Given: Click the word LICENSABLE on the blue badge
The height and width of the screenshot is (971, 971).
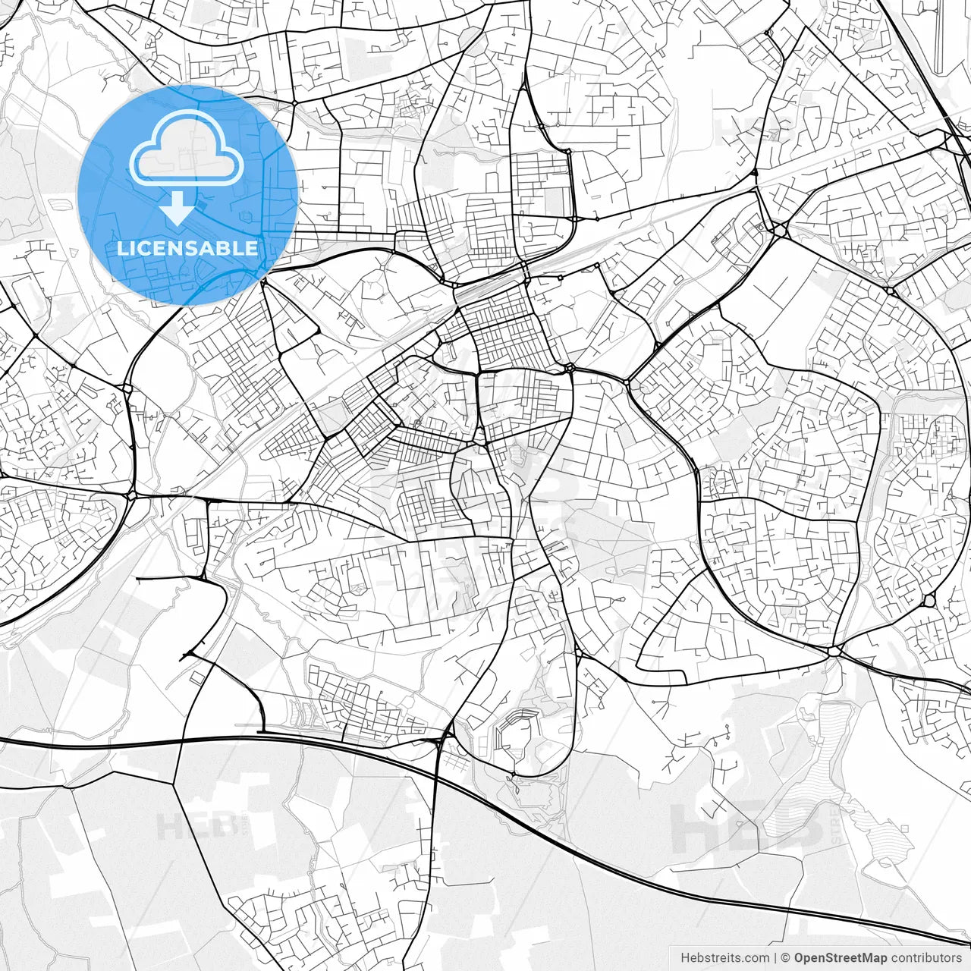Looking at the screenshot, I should tap(187, 248).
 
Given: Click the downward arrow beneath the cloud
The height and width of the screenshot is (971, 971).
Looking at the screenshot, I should tap(178, 209).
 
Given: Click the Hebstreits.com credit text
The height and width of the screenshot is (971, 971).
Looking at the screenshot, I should tap(724, 958).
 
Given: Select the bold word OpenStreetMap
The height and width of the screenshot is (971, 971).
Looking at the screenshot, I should tap(841, 958).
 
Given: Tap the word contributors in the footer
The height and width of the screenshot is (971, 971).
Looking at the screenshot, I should tap(926, 958).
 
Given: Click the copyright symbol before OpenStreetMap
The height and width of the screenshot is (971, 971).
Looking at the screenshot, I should tap(786, 958).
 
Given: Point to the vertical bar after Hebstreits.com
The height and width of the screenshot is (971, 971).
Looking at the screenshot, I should tap(775, 958).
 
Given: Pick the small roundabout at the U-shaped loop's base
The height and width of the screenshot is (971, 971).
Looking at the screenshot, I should tap(513, 774).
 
